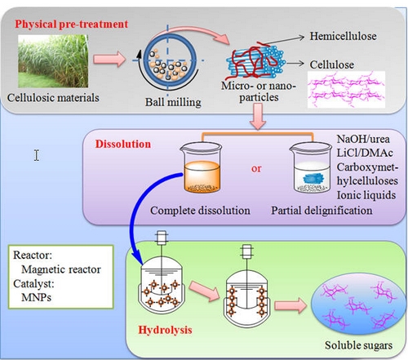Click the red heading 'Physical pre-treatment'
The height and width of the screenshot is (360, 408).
pos(71,24)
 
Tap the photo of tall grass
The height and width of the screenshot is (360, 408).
pos(53,61)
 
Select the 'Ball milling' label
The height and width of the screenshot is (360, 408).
pos(173,102)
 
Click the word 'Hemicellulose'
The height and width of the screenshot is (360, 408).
pos(343,36)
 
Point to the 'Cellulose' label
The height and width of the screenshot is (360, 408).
pos(332,64)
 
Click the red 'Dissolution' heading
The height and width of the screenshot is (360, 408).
pos(123,144)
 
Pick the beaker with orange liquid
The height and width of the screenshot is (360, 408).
pos(202,167)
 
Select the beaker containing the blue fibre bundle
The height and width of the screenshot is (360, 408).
pos(311,167)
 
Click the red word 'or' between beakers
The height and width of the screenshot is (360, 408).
pos(256,169)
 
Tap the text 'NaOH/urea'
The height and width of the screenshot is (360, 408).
pos(363,139)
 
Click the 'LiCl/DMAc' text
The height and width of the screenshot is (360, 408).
pos(365,153)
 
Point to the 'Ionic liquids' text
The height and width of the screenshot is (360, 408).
pos(366,195)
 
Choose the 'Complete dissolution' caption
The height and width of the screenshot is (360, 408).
pos(200,211)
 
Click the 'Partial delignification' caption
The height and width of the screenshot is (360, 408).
pos(322,211)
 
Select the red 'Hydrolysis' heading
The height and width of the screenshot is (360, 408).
pos(165,330)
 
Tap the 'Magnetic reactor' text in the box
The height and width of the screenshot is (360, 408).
pos(61,269)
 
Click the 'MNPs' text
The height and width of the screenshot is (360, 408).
pos(36,297)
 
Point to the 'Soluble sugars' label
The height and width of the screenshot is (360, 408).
pos(358,345)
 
